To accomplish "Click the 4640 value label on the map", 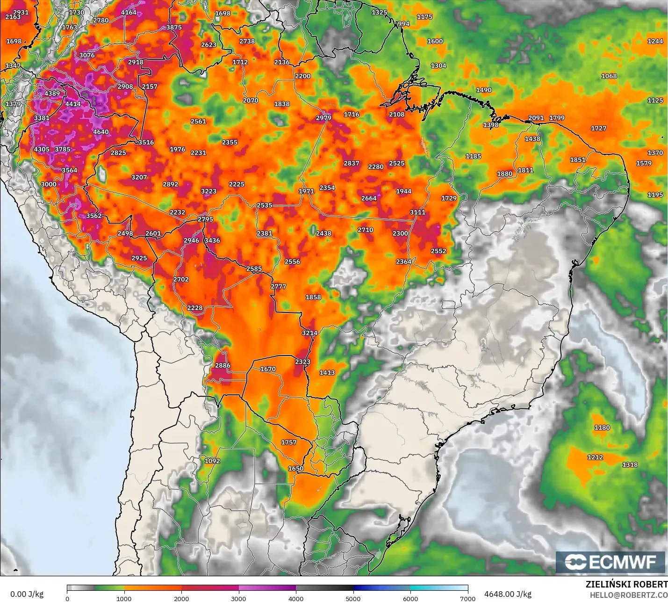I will (101, 132).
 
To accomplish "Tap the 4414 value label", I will (73, 104).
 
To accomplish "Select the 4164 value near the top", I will (129, 13).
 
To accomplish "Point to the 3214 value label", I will (309, 333).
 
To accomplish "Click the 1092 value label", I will (212, 461).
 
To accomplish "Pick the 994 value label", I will (403, 24).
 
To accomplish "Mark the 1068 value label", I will (609, 76).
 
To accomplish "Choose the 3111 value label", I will (417, 212).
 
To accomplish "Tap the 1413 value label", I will (327, 373).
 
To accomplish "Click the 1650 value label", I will (295, 469).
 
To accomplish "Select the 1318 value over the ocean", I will (630, 464).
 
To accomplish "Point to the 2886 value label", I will (223, 366).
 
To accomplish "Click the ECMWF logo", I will (610, 562).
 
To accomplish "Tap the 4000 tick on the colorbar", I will (296, 598).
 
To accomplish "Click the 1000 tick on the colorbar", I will (124, 598).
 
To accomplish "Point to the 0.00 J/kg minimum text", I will (27, 594).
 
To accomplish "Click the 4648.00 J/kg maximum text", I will (508, 594).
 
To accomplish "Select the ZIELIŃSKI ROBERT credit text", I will (626, 584).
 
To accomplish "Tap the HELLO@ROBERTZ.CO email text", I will (628, 595).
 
